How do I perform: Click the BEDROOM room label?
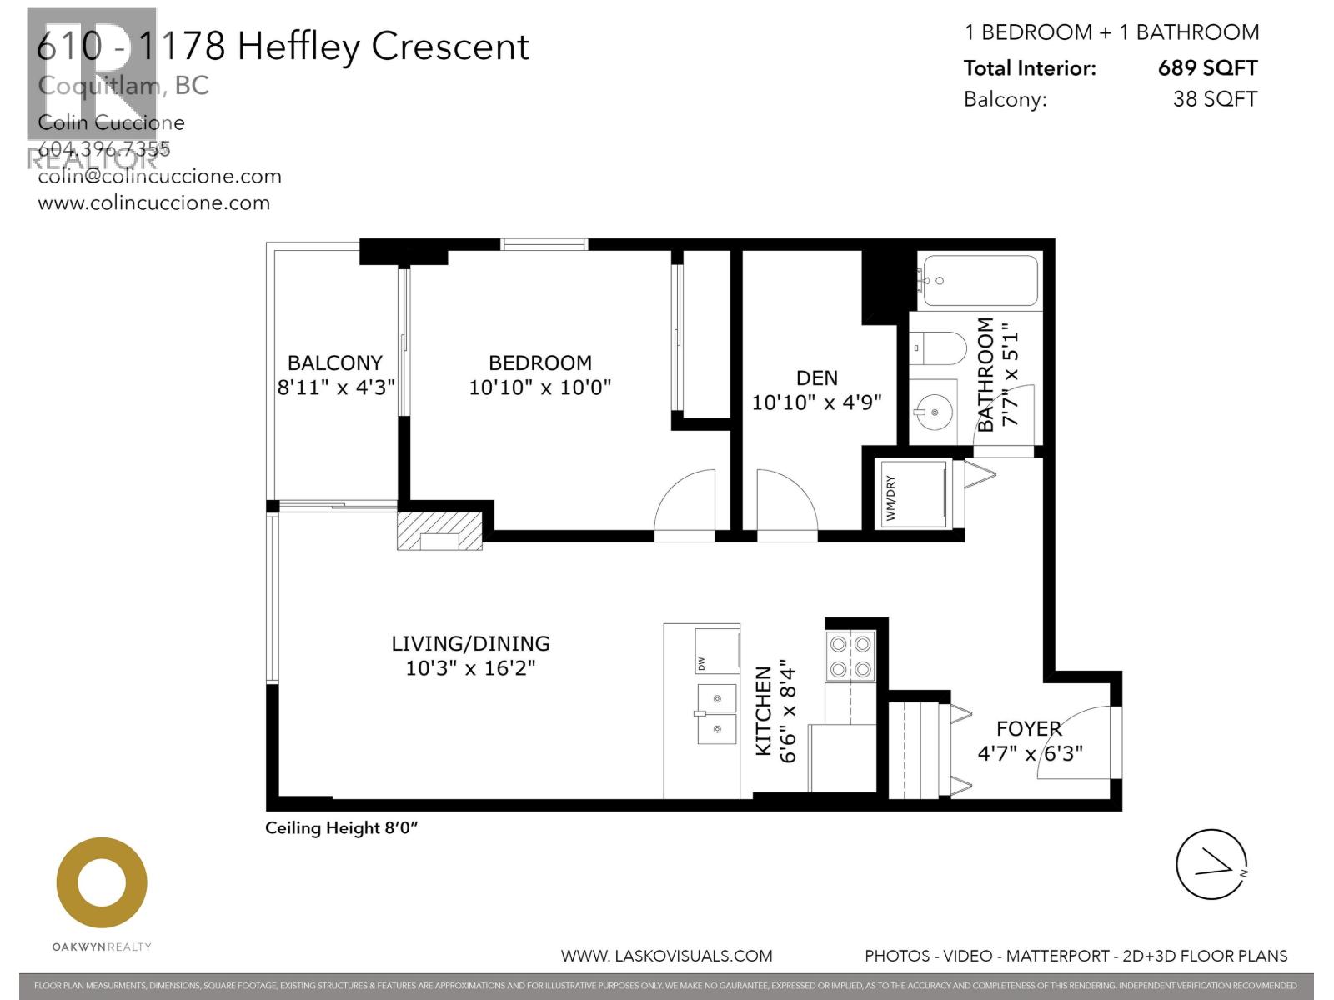coord(539,363)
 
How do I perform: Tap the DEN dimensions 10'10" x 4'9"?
coord(816,402)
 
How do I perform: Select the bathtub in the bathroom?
coord(980,281)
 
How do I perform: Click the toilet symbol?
coord(938,347)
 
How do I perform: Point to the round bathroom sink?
coord(932,412)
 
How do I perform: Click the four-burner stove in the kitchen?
coord(850,656)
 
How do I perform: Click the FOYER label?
coord(1029,729)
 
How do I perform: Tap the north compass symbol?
coord(1211,864)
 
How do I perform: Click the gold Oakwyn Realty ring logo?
coord(102,883)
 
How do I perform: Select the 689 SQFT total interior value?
coord(1206,68)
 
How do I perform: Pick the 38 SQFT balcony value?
coord(1214,99)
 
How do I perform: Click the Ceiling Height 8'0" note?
coord(341,828)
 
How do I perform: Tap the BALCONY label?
coord(334,363)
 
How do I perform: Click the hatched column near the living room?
coord(439,532)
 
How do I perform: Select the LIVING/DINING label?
coord(470,644)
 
